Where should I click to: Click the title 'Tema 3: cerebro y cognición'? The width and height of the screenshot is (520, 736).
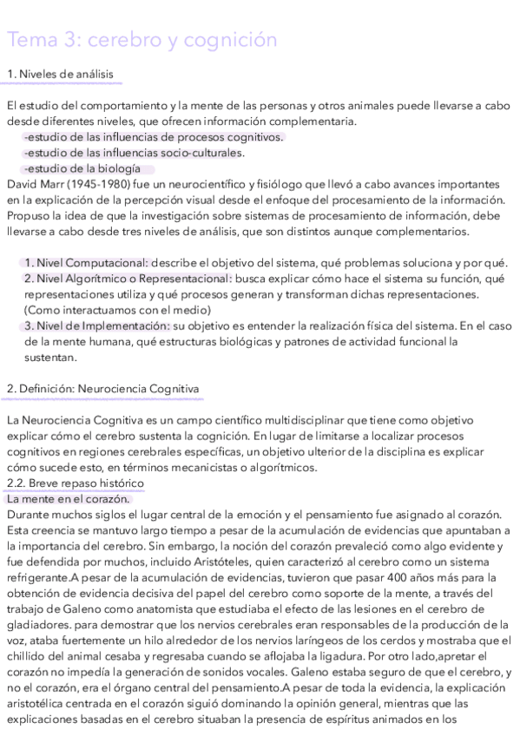click(142, 40)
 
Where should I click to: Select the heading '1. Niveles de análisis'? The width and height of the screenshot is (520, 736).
click(60, 74)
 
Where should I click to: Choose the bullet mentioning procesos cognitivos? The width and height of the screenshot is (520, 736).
click(153, 137)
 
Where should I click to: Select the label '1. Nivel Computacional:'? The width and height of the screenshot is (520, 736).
click(86, 263)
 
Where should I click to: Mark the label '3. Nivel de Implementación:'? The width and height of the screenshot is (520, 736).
click(96, 325)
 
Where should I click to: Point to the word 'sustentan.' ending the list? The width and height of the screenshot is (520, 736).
click(50, 357)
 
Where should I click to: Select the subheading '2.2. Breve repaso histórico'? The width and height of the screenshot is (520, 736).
click(75, 483)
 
